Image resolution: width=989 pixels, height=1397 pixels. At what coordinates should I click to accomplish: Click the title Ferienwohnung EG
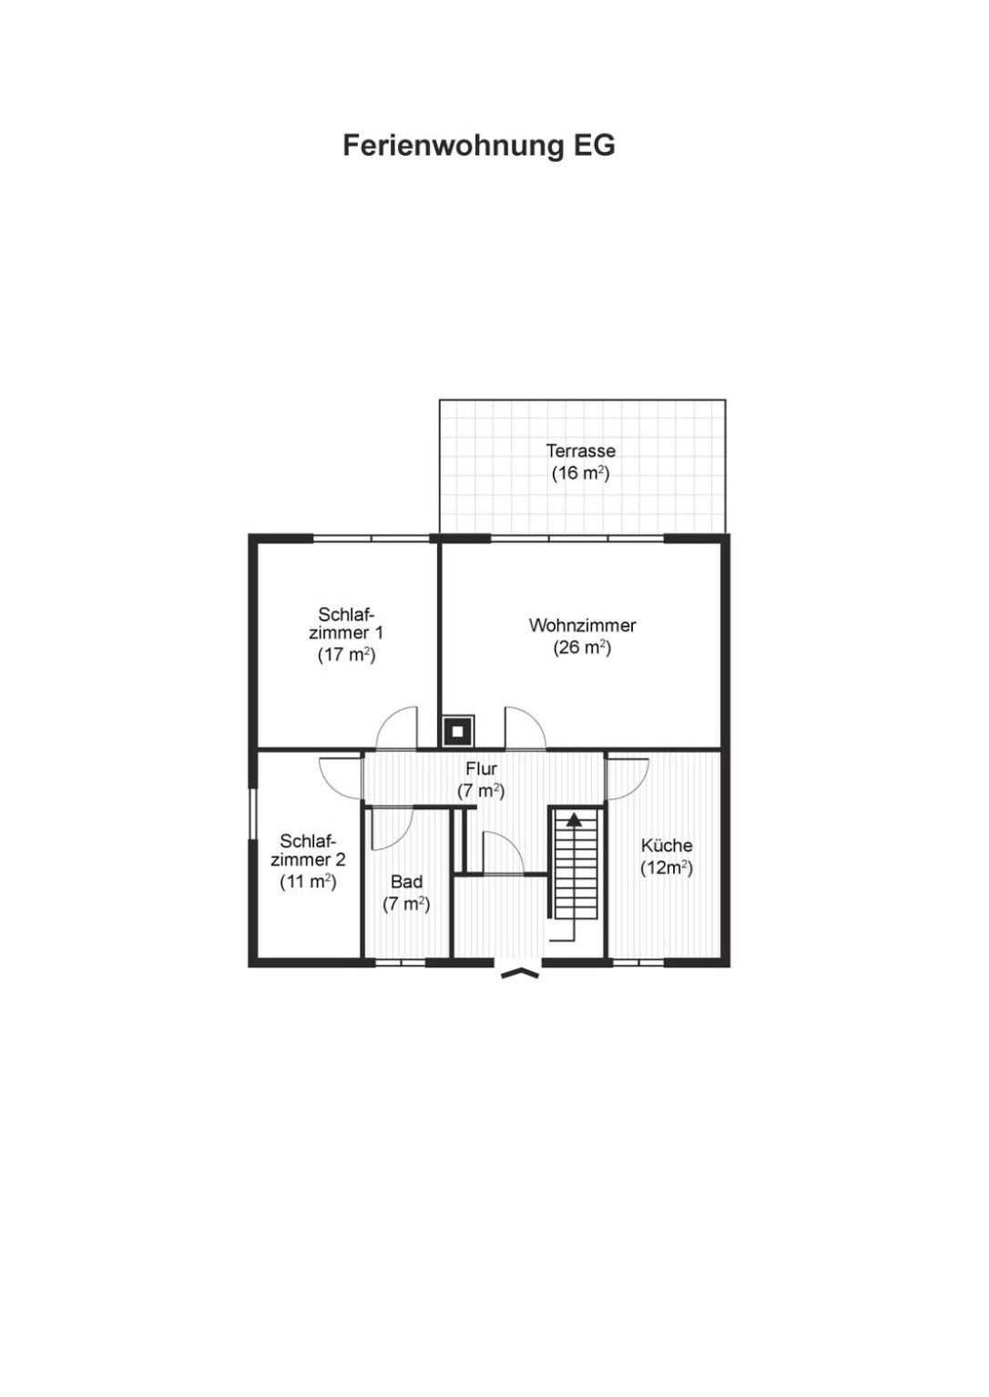479,146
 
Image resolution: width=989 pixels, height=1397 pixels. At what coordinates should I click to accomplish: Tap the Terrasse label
580,450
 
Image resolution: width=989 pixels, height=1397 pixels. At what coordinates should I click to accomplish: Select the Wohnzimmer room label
582,625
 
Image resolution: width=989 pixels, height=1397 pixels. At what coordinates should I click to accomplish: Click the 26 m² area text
582,648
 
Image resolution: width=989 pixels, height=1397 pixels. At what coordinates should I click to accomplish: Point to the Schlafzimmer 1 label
346,623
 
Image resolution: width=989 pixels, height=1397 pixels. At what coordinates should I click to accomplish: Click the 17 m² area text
346,655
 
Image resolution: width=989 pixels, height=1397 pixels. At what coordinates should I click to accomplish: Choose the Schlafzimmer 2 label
308,850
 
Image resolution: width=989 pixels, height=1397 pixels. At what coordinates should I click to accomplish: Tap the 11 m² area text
308,882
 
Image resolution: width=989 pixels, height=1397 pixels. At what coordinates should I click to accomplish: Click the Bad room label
406,881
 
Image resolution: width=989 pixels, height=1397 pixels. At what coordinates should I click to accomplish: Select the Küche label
667,845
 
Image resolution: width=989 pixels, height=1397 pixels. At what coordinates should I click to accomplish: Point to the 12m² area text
667,868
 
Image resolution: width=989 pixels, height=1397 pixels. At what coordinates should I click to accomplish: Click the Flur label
481,768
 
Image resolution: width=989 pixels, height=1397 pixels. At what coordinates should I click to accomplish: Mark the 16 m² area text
580,473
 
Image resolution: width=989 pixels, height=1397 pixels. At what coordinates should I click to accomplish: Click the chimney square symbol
458,731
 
